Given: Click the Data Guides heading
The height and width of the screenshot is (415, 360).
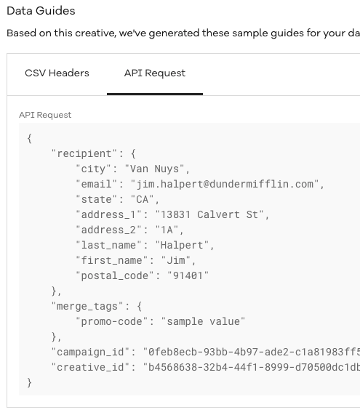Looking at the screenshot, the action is click(x=41, y=11).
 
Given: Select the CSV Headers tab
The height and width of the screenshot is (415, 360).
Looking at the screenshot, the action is click(x=57, y=73).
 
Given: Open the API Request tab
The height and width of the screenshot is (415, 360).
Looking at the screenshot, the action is click(x=155, y=73).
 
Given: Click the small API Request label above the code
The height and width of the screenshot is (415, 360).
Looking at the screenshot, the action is click(x=45, y=115).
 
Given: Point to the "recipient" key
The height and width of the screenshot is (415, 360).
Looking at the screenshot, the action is click(x=84, y=153).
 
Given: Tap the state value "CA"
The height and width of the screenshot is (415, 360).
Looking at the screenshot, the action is click(x=143, y=199).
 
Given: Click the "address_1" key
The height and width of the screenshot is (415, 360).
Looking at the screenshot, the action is click(x=108, y=214).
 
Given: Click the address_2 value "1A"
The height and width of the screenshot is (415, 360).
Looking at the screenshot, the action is click(x=167, y=230).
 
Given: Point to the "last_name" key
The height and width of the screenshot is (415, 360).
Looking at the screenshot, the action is click(x=108, y=246).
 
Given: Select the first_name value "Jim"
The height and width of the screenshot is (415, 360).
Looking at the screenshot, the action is click(x=176, y=260).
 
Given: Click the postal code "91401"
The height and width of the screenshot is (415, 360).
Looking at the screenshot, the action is click(x=188, y=275).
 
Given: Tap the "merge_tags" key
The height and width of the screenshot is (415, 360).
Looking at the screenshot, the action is click(x=87, y=306).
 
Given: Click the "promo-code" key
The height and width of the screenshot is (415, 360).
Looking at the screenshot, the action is click(x=111, y=321).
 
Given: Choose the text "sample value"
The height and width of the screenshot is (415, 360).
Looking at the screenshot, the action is click(x=203, y=321).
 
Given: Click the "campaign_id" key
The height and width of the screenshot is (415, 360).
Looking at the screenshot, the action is click(x=90, y=352).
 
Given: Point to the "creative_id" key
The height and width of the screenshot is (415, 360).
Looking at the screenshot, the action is click(x=90, y=367).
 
